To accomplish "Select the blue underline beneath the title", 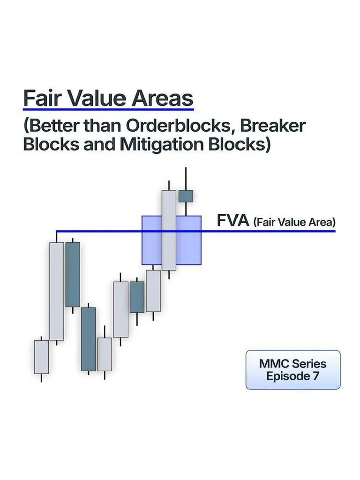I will coord(108,110).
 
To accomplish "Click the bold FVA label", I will coord(232,220).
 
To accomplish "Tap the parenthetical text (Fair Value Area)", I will coord(294,222).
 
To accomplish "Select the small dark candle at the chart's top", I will coord(186,196).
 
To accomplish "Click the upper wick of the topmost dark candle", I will coord(186,179).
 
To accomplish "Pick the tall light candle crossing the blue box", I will coord(169,230).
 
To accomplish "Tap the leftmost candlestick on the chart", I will coord(41,357).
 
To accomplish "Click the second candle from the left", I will coord(57,291).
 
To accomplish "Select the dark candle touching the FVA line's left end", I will coord(73,274).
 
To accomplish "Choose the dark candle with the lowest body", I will coord(88,339).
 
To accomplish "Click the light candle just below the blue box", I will coord(153,291).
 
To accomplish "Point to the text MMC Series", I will coord(293,364).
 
